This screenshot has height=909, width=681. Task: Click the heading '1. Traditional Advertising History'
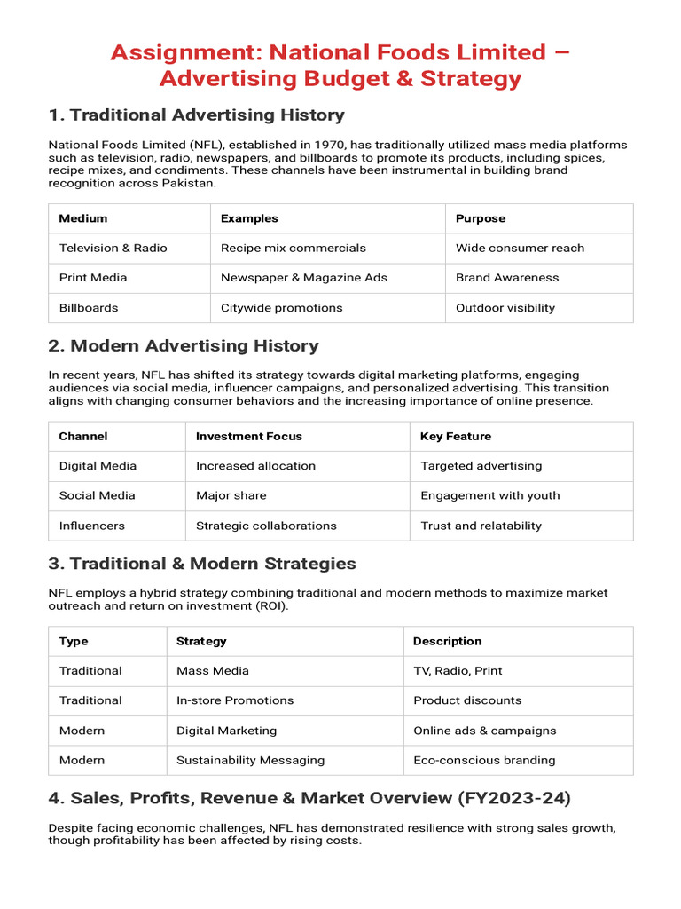196,115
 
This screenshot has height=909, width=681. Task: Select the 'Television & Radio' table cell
113,248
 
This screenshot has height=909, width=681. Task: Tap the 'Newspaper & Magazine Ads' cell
304,278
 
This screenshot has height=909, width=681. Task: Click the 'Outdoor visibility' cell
505,308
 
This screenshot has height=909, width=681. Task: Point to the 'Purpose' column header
481,218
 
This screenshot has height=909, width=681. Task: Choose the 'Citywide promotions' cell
281,308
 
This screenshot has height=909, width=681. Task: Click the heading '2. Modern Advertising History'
184,346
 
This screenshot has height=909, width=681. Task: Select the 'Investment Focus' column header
248,437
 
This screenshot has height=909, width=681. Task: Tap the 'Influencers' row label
91,526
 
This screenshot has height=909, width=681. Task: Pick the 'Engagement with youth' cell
489,495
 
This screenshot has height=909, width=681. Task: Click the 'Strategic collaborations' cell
266,526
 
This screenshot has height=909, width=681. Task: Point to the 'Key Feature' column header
455,437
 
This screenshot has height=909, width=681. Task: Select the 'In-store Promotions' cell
235,700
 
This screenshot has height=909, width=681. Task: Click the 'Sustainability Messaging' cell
250,760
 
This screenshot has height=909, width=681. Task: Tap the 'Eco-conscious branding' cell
484,760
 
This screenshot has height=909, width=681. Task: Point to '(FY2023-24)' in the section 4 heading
514,799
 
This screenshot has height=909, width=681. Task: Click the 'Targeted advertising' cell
481,466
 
